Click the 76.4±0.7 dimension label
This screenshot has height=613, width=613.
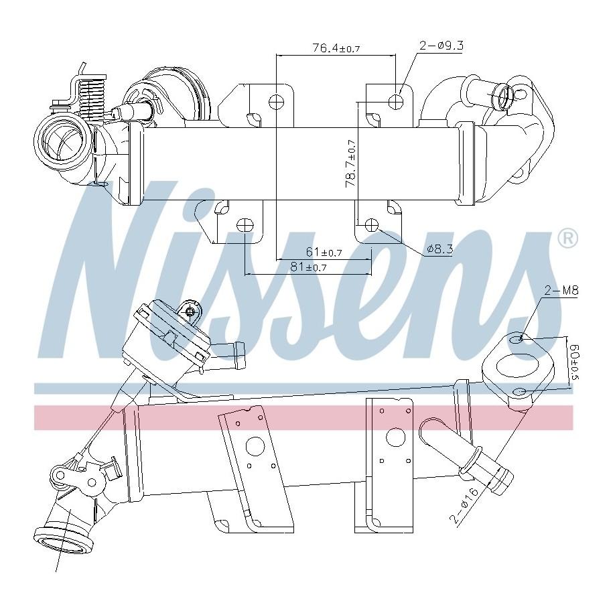coord(336,48)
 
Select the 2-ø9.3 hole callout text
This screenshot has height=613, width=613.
coord(441,46)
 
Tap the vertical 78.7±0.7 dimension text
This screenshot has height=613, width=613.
coord(350,163)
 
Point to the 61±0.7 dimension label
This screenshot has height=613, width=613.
coord(324,252)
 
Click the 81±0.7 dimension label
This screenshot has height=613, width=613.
coord(308,267)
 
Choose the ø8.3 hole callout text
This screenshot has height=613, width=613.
coord(439,249)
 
